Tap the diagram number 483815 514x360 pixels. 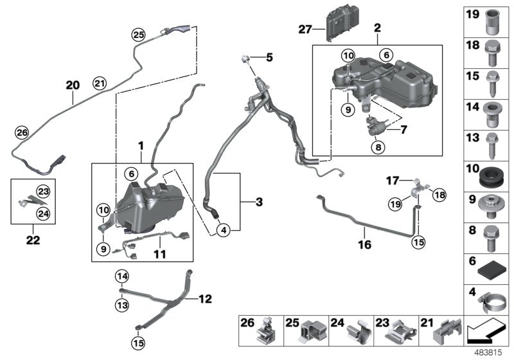(x=495, y=353)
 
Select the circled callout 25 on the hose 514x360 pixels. (x=139, y=35)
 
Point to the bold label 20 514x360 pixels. (x=73, y=84)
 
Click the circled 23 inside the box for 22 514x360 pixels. (x=42, y=190)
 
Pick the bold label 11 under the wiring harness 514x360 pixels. (x=159, y=255)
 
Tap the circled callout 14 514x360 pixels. (x=122, y=276)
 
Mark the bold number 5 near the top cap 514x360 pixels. (x=269, y=58)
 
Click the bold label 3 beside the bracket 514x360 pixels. (x=258, y=203)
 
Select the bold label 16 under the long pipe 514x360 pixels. (x=364, y=244)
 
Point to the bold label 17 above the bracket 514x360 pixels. (x=393, y=180)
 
